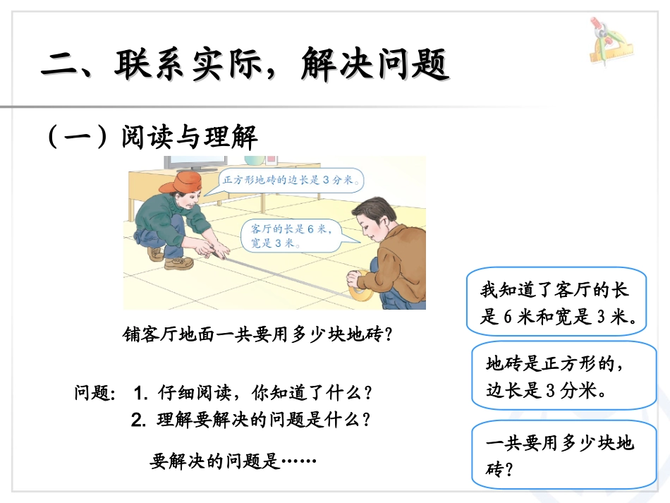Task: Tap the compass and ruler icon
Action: [x=609, y=42]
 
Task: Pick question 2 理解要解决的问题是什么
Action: [x=250, y=420]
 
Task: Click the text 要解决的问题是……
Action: [x=233, y=462]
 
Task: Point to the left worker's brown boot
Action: [x=178, y=262]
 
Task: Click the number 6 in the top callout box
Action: [x=508, y=317]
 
